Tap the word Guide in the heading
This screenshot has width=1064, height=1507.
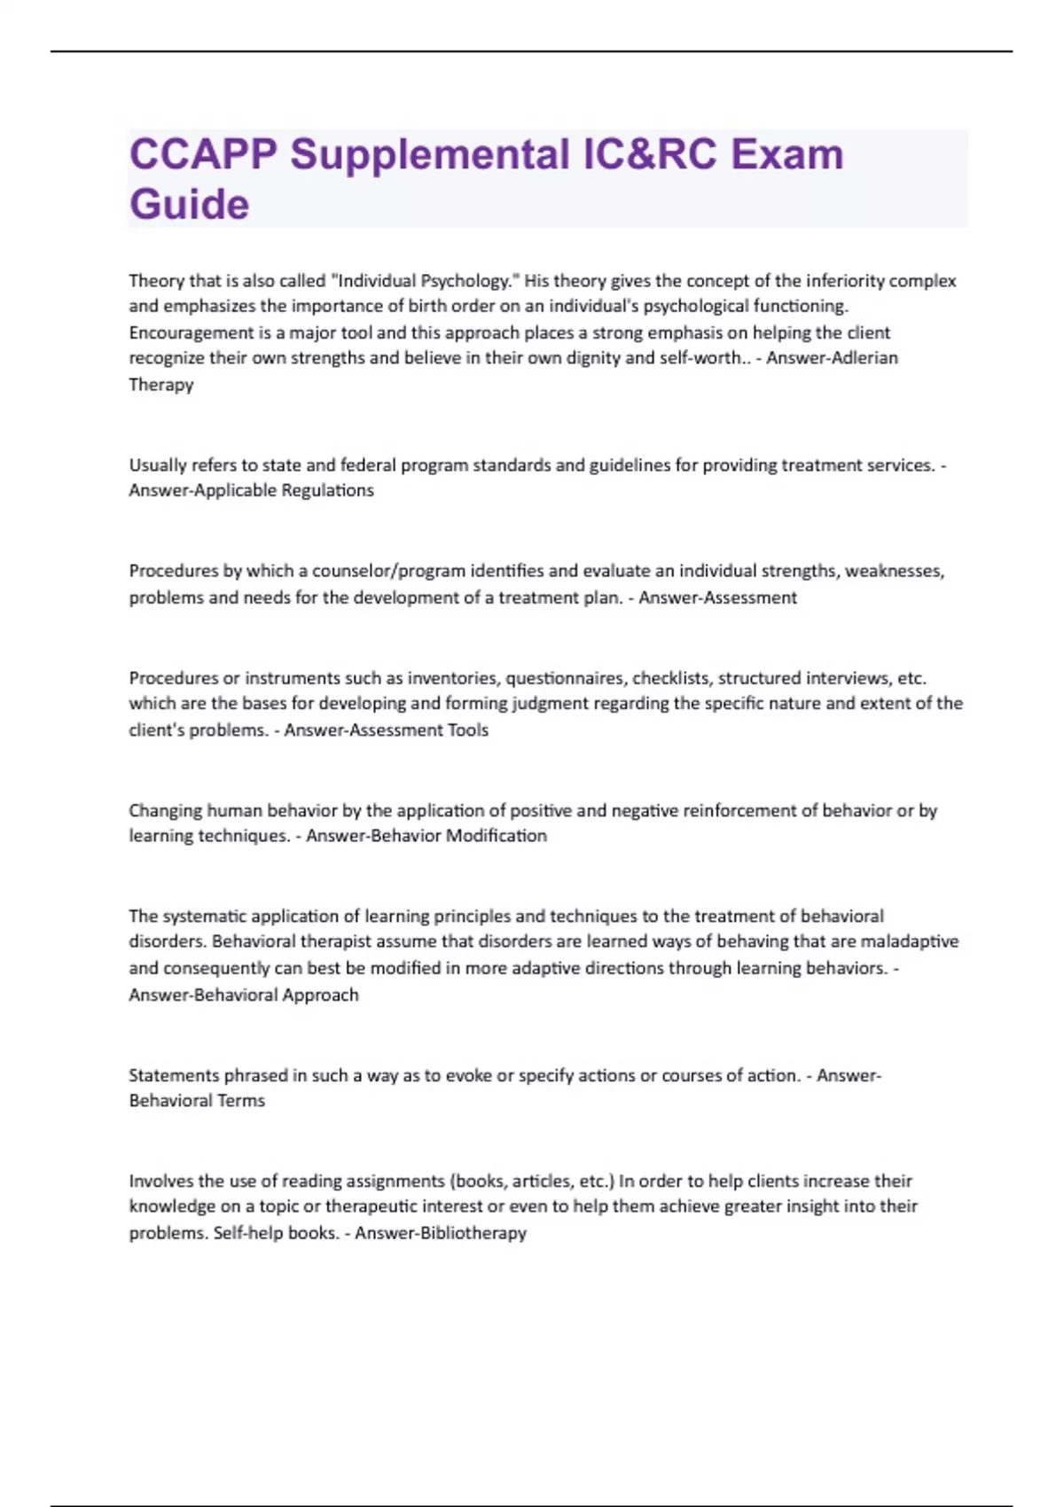189,205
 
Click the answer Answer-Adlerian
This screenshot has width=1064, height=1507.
832,358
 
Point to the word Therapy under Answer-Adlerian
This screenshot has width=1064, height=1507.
160,385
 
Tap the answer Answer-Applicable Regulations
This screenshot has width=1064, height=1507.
251,490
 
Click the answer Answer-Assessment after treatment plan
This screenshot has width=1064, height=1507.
717,597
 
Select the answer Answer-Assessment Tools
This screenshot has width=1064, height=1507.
386,730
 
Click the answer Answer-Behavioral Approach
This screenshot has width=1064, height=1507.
244,995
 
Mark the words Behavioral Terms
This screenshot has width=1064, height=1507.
197,1101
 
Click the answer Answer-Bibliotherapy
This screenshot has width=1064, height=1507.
440,1233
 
